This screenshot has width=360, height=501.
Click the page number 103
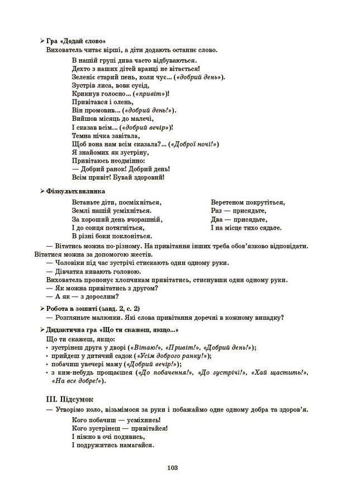172,467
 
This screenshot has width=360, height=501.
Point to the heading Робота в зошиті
72,308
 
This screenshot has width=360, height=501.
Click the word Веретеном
228,202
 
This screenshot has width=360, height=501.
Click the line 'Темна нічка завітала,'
106,135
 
